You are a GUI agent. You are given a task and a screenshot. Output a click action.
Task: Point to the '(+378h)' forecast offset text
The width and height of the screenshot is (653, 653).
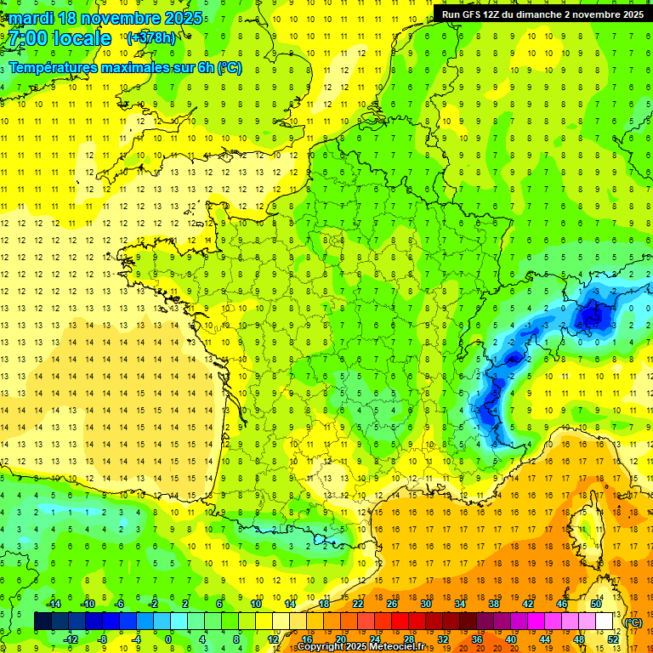pyautogui.click(x=150, y=37)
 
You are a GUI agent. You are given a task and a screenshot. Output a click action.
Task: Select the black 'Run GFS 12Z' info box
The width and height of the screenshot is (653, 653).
pyautogui.click(x=542, y=14)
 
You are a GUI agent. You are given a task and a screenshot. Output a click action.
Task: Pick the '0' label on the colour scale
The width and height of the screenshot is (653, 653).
pyautogui.click(x=168, y=639)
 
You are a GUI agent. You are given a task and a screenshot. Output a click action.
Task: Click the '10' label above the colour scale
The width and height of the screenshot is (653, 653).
pyautogui.click(x=255, y=603)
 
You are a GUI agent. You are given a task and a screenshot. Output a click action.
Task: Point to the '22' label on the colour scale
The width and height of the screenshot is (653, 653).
pyautogui.click(x=357, y=603)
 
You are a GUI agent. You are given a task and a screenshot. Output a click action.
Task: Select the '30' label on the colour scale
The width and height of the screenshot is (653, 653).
pyautogui.click(x=425, y=603)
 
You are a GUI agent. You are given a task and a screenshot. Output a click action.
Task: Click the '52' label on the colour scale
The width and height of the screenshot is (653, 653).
pyautogui.click(x=612, y=639)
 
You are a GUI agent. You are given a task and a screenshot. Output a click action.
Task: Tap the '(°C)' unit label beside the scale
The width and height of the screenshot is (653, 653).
pyautogui.click(x=633, y=622)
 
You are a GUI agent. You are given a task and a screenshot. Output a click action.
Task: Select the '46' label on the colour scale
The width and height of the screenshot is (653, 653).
pyautogui.click(x=561, y=603)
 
